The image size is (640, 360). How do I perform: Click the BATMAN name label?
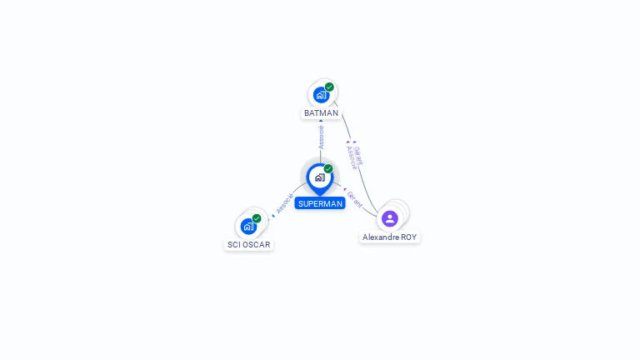click(321, 112)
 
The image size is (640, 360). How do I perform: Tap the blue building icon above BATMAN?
click(321, 95)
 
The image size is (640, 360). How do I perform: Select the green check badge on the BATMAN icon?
click(329, 87)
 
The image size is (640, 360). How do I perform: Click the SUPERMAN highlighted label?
click(320, 203)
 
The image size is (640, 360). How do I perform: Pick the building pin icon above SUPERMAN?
click(319, 177)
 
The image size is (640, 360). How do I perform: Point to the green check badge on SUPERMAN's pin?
click(328, 169)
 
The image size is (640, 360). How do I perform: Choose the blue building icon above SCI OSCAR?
click(248, 226)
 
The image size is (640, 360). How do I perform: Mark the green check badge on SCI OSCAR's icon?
click(257, 218)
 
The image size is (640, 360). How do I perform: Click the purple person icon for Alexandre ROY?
click(389, 218)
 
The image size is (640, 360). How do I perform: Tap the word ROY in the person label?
click(408, 237)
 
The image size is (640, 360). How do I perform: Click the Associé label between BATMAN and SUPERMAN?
click(322, 137)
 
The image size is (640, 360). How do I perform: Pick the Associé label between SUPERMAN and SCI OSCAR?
click(284, 204)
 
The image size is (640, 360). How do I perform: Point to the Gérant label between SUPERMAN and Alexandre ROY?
click(355, 198)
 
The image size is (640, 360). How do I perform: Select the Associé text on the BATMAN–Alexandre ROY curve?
click(352, 157)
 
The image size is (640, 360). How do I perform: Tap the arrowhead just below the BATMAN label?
click(321, 122)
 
